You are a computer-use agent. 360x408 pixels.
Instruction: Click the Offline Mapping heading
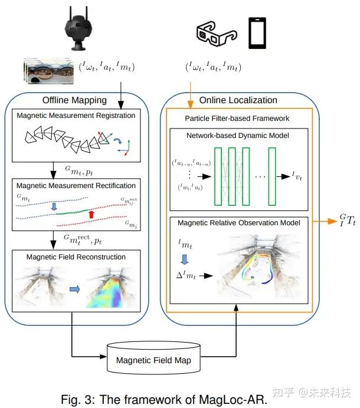[74, 100]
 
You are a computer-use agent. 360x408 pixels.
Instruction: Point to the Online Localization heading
[238, 100]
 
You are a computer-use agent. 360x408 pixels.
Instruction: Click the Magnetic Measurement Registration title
[76, 115]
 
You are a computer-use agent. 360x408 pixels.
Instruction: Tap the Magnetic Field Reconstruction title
[76, 257]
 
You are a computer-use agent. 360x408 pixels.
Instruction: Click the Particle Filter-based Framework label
[238, 118]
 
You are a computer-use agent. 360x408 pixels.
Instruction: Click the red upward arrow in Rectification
[91, 213]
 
